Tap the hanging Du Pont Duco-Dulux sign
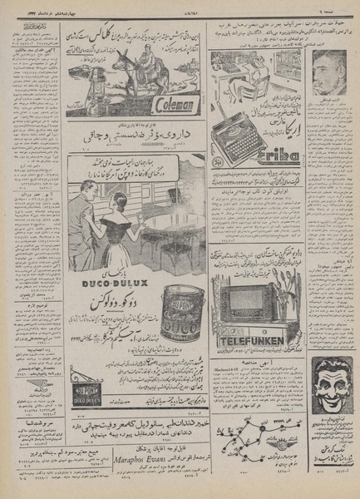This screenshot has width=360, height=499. tap(80, 398)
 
